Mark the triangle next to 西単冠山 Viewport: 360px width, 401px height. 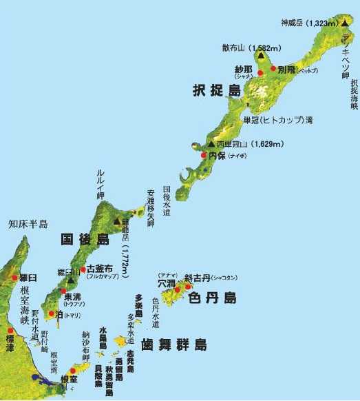pyautogui.click(x=211, y=144)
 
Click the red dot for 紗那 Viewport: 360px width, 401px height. pyautogui.click(x=261, y=72)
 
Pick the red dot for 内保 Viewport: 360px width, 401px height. pyautogui.click(x=204, y=156)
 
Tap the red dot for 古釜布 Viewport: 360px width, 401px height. pyautogui.click(x=83, y=269)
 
